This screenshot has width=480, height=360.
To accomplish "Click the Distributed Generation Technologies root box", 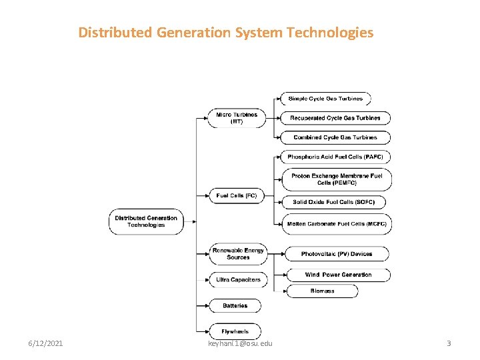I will tap(147, 221).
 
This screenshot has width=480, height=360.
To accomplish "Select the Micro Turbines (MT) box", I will tap(236, 118).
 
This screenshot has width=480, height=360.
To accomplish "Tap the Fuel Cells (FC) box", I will tap(236, 195).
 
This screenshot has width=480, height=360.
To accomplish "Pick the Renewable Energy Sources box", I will tap(237, 253).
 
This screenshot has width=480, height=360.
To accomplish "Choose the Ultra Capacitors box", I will tap(237, 279).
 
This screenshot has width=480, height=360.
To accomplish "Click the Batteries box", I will tap(235, 305).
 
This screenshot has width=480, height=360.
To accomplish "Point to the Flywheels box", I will tap(235, 331).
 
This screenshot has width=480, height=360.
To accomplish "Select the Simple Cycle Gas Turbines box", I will tap(325, 99).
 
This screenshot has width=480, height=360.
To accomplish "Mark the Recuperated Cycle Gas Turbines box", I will tap(335, 118).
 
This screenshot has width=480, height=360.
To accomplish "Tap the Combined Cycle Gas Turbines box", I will tap(335, 137).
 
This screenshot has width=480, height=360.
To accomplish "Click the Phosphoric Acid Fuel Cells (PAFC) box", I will tap(335, 157).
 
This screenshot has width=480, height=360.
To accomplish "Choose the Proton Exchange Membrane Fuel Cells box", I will tap(336, 179).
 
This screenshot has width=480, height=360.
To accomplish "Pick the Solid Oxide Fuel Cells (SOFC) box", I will tap(333, 202).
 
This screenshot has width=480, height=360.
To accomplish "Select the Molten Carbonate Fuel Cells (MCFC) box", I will tap(336, 224).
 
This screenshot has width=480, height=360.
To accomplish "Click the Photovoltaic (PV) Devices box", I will tap(337, 254).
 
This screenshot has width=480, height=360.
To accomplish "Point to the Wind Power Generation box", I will tap(338, 275).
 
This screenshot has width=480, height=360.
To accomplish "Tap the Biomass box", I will tap(322, 291).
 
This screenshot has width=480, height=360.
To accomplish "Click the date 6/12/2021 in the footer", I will tap(46, 343).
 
